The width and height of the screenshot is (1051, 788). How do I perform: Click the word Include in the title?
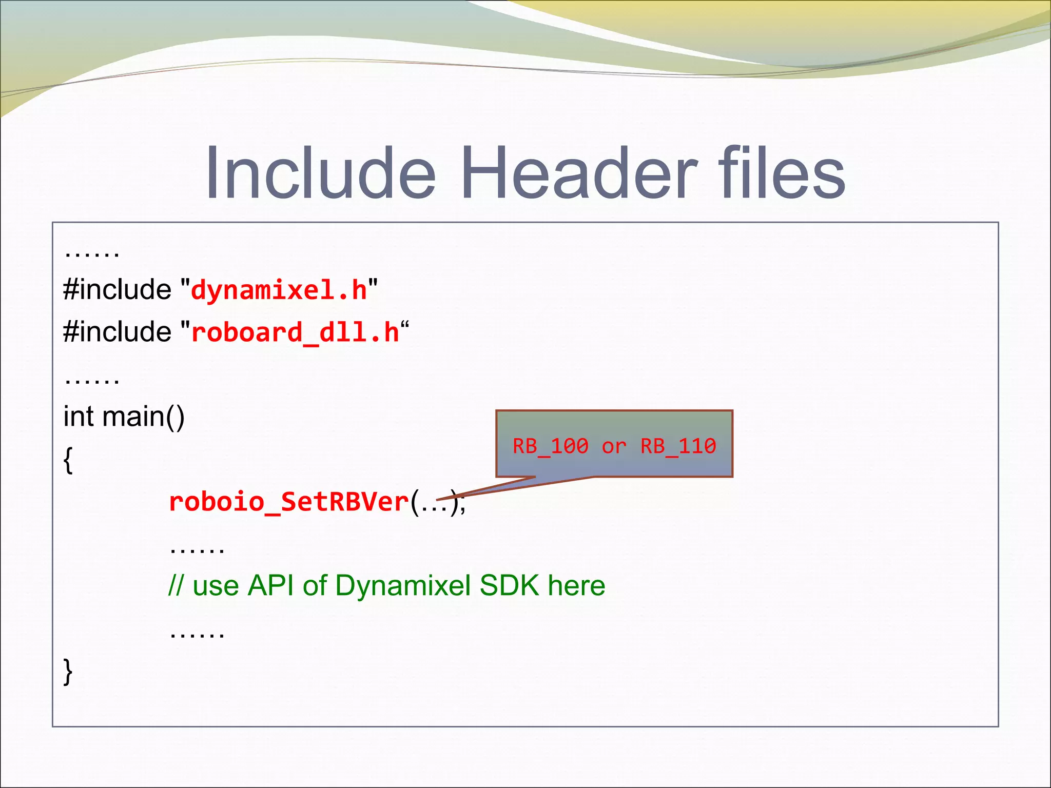point(321,173)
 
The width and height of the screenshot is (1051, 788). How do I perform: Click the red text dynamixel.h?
point(279,290)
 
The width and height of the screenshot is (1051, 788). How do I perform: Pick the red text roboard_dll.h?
point(295,332)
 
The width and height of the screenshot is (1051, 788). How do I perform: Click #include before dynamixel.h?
point(118,290)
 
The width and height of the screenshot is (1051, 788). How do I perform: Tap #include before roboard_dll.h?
point(118,332)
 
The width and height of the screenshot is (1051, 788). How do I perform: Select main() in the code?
point(143,416)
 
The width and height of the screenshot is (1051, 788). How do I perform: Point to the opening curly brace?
point(68,460)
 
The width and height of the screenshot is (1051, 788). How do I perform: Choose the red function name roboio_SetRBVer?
point(289,502)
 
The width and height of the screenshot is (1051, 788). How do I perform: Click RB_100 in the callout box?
point(550,446)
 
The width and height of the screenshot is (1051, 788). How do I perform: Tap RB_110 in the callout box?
point(678,446)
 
